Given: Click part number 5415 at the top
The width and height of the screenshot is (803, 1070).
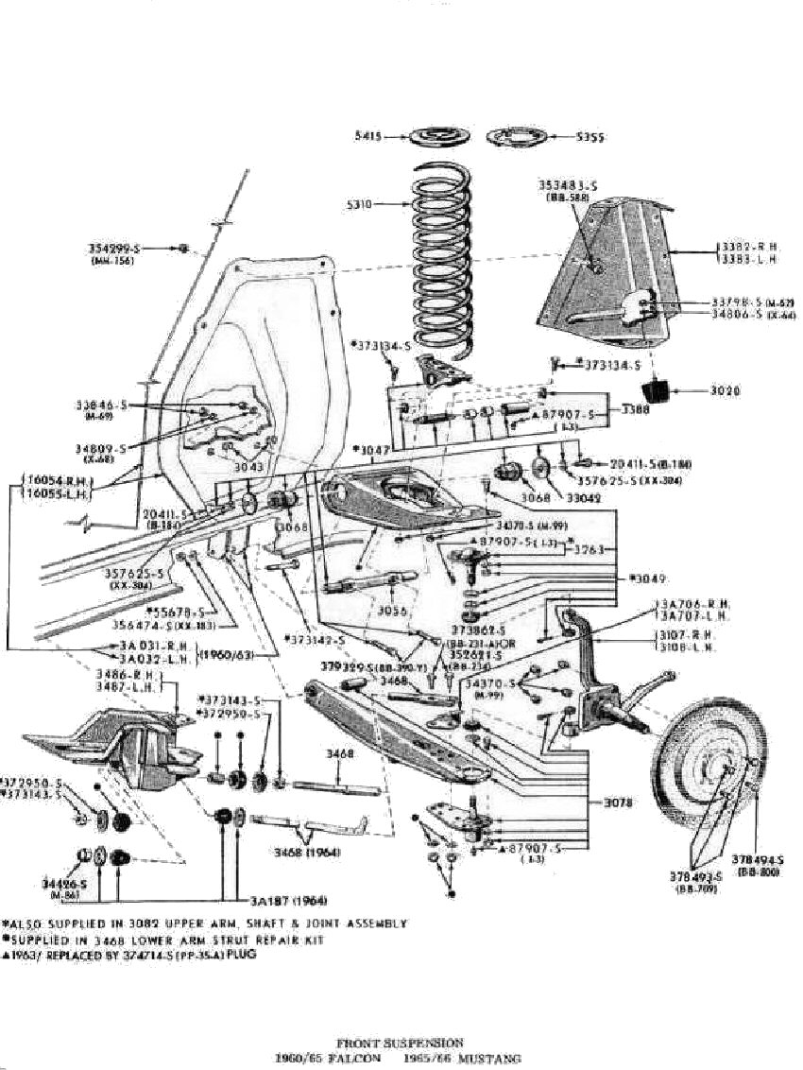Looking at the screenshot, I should [x=367, y=136].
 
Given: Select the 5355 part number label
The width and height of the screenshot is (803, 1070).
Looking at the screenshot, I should [x=590, y=137].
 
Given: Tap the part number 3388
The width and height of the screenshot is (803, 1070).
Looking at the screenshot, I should [x=636, y=411].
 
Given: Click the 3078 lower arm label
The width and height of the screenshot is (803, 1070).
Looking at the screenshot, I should [x=621, y=803].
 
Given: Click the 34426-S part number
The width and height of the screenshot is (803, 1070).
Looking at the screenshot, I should [x=59, y=883].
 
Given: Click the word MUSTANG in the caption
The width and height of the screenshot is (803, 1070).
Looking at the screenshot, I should [x=493, y=1058].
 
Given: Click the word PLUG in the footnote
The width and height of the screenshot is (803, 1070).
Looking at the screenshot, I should [x=241, y=955].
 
